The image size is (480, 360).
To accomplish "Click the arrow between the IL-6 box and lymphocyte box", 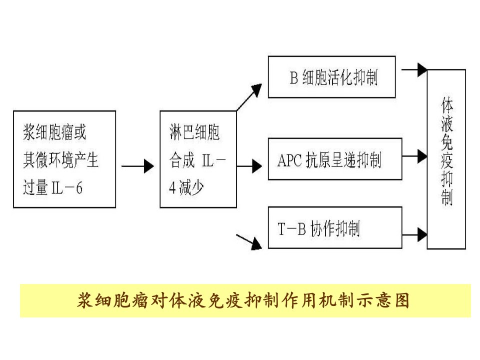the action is pyautogui.click(x=137, y=166).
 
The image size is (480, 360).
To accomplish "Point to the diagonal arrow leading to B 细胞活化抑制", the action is pyautogui.click(x=249, y=97).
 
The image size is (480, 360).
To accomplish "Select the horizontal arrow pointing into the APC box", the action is pyautogui.click(x=249, y=166).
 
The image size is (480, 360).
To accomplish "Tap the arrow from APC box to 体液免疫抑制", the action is pyautogui.click(x=414, y=156).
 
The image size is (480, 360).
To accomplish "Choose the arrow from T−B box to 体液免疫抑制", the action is pyautogui.click(x=414, y=235).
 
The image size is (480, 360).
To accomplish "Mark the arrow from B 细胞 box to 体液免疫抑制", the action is pyautogui.click(x=414, y=70).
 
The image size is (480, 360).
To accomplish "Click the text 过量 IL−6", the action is pyautogui.click(x=52, y=187).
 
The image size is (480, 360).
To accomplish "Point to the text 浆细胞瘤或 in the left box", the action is pyautogui.click(x=54, y=132).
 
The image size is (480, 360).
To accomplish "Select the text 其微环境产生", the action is pyautogui.click(x=60, y=160).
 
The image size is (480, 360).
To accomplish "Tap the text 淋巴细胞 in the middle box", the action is pyautogui.click(x=194, y=132).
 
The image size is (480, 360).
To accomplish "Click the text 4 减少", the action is pyautogui.click(x=186, y=187).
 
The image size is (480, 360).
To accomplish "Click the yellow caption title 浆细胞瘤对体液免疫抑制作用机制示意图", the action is pyautogui.click(x=243, y=300).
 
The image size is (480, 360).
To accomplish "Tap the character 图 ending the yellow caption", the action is pyautogui.click(x=402, y=300).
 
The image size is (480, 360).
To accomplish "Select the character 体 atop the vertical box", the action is pyautogui.click(x=447, y=105).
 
